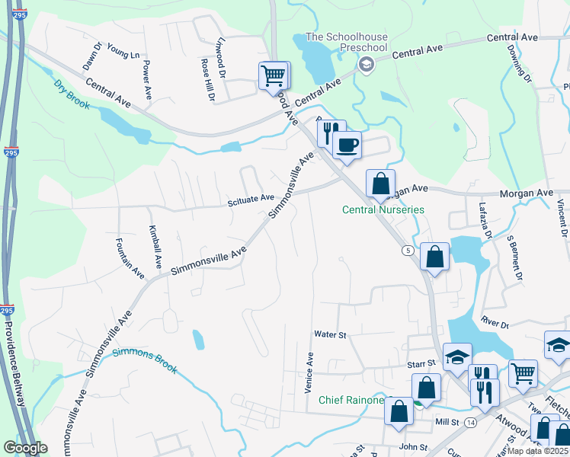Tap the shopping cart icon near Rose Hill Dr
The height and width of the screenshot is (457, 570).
(x=274, y=75)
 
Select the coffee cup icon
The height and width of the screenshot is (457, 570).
(x=347, y=144)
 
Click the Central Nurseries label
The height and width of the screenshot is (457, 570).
(x=383, y=209)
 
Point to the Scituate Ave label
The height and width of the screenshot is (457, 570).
(x=251, y=199)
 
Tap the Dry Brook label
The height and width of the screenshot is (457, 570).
(x=71, y=94)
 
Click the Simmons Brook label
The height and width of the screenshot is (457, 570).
(x=145, y=360)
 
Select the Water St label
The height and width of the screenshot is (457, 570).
(x=330, y=334)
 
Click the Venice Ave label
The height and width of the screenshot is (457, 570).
(x=309, y=372)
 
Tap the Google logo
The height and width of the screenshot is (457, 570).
(x=25, y=449)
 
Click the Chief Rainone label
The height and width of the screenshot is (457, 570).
(x=351, y=400)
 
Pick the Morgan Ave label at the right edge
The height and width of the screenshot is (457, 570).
(x=526, y=194)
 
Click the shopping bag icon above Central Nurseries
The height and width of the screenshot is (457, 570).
(x=380, y=183)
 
